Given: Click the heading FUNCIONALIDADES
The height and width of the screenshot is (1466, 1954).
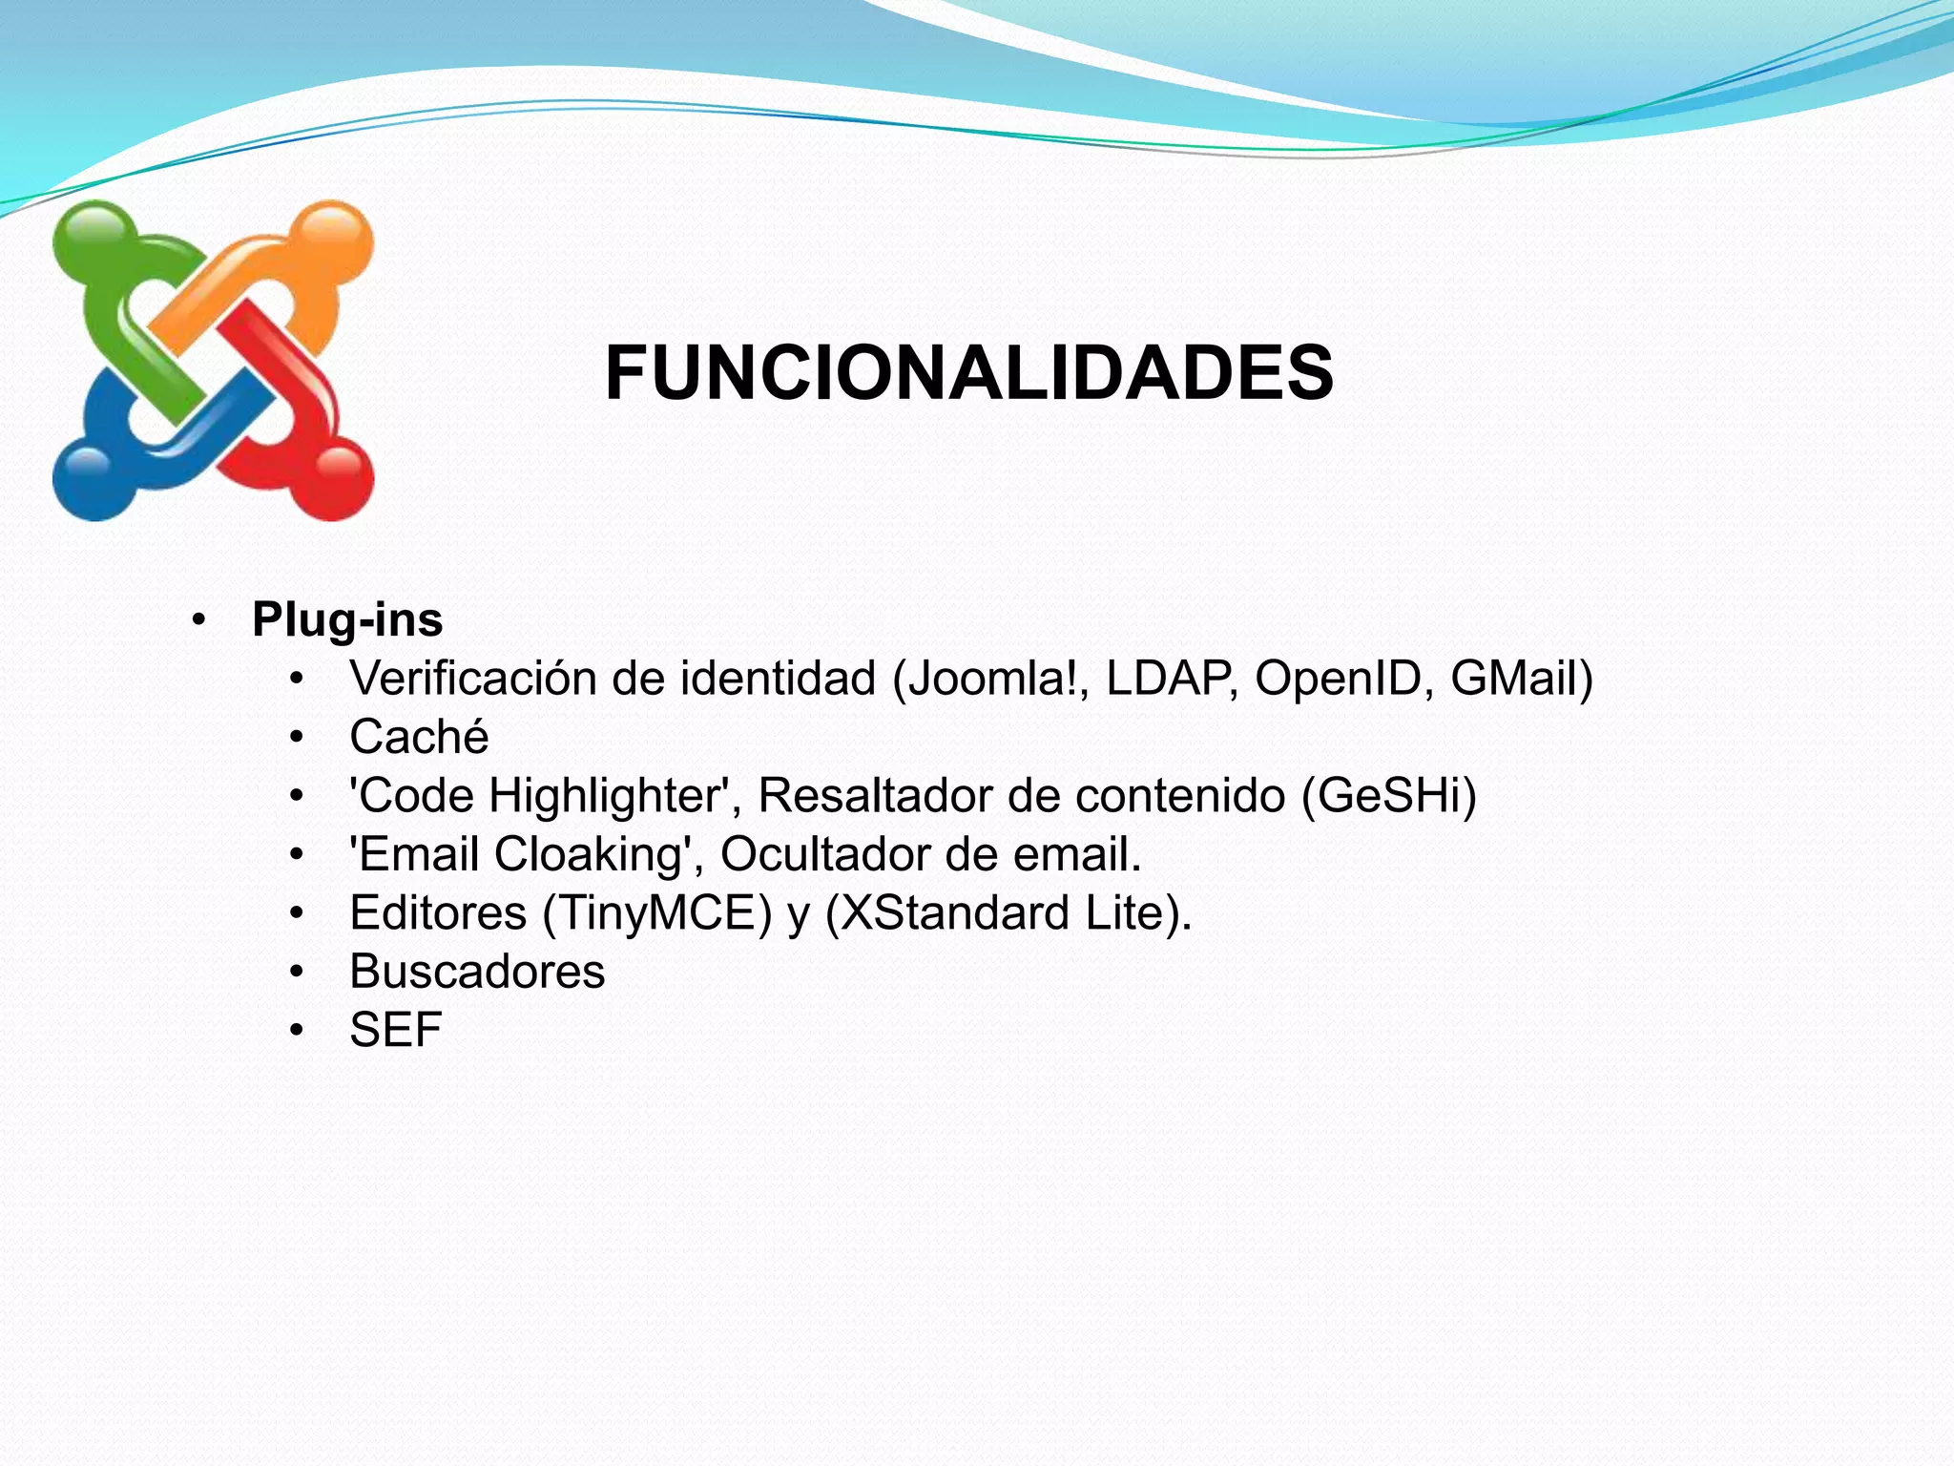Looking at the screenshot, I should click(968, 374).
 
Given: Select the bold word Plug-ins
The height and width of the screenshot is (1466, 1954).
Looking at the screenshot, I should click(347, 620).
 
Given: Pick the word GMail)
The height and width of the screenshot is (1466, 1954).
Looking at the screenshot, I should click(1521, 680).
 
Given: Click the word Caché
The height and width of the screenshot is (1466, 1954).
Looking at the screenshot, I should click(419, 738).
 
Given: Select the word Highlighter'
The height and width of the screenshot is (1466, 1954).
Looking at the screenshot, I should click(614, 797).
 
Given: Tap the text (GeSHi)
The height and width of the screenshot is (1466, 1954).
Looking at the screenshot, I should click(1389, 797).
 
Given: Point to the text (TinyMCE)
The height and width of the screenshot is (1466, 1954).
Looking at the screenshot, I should click(656, 913).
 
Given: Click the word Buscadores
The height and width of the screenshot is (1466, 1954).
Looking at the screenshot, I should click(477, 973).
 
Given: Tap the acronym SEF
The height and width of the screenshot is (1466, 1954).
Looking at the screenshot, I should click(395, 1031).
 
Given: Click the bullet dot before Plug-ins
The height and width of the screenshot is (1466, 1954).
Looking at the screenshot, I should click(198, 621).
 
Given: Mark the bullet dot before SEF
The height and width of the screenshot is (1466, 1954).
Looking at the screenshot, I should click(297, 1031).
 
